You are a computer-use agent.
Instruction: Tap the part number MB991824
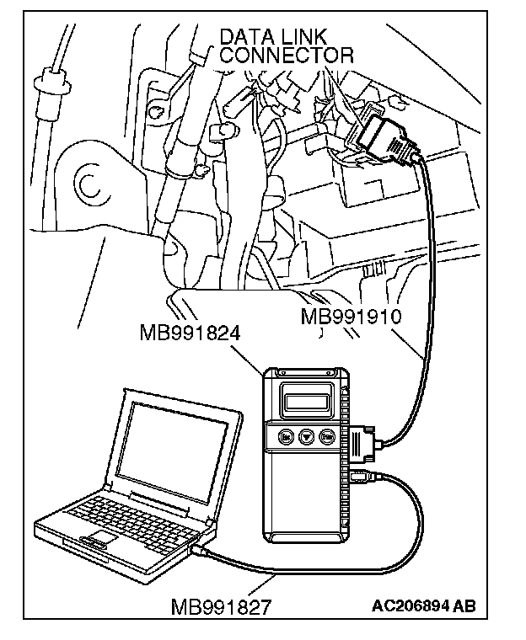coord(191,333)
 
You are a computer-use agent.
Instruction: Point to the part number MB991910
coord(349,317)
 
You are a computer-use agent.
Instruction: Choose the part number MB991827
coord(220,606)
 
